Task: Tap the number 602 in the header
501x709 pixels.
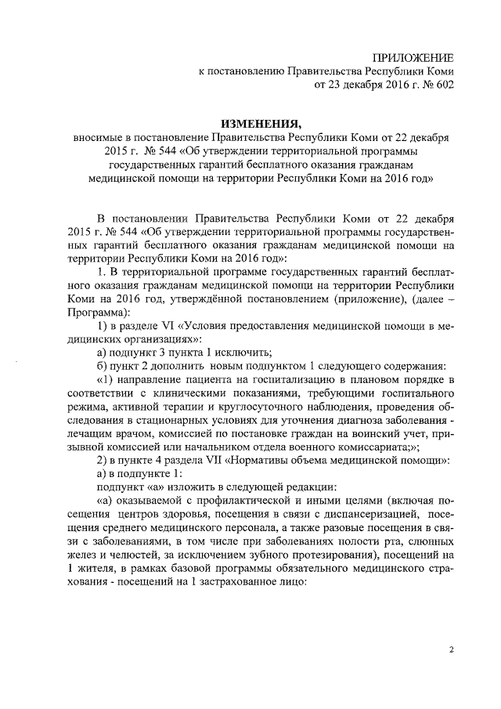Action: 442,85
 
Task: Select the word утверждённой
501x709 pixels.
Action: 240,299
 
